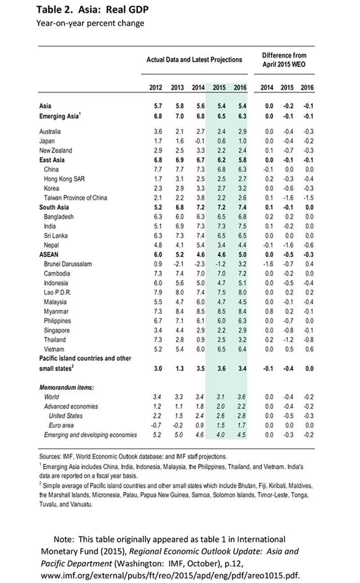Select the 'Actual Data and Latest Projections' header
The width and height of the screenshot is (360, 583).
194,59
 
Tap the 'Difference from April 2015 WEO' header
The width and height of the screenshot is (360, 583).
284,59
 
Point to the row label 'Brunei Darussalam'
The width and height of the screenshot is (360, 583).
68,264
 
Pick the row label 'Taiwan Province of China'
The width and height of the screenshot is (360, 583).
76,198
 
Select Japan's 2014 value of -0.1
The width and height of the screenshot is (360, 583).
197,141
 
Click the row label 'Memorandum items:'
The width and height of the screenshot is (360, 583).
69,387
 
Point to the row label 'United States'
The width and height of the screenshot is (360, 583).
66,416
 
